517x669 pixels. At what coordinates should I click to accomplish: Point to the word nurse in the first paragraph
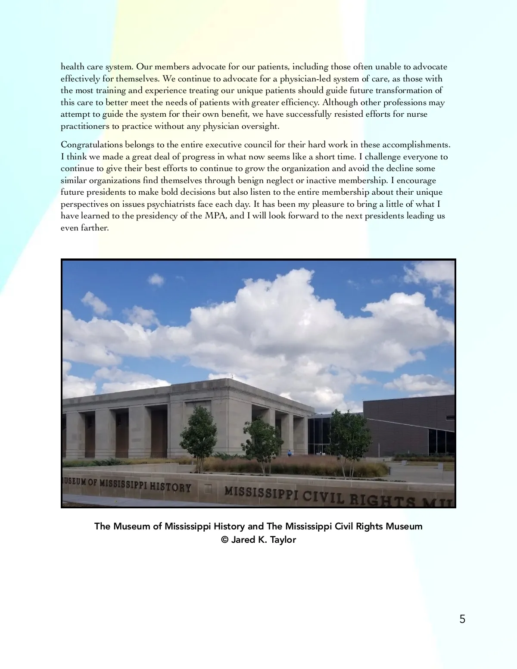417,115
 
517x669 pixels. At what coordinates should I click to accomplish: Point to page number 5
462,619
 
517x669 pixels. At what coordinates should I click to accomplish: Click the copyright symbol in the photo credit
224,540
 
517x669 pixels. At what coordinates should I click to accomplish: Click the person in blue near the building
289,453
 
